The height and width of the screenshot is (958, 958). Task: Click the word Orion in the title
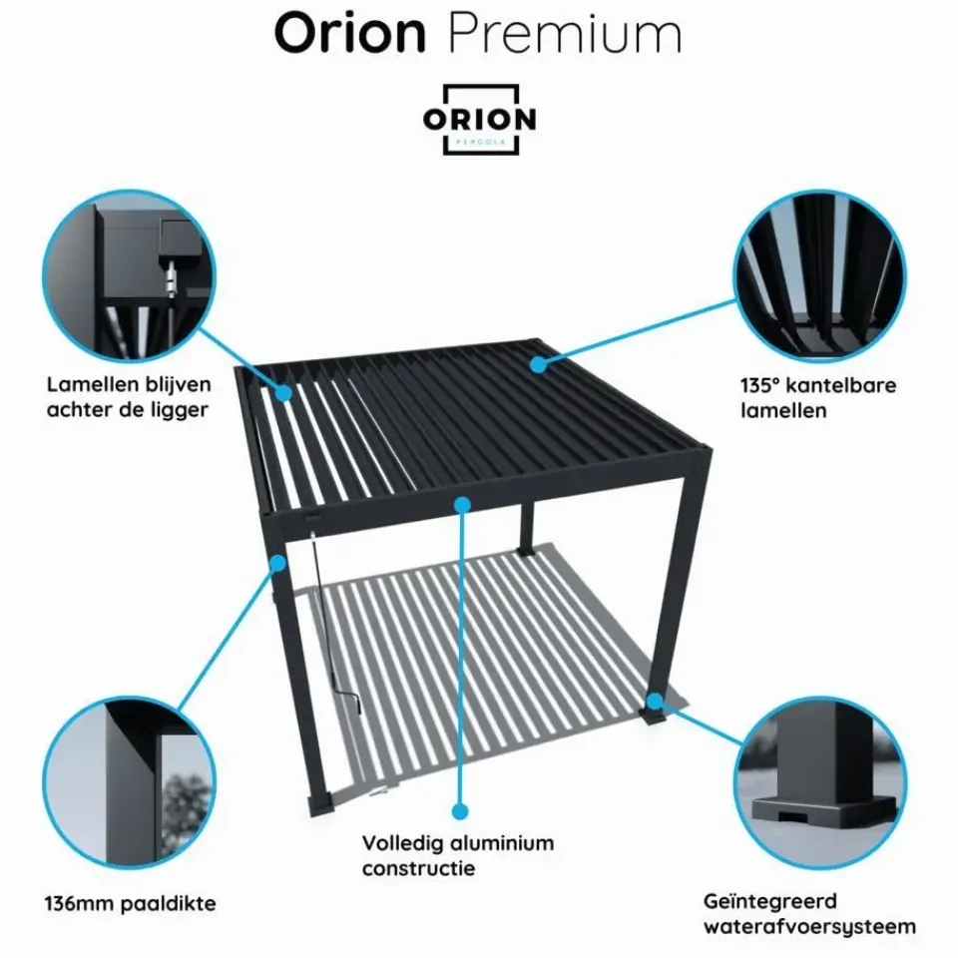click(x=349, y=34)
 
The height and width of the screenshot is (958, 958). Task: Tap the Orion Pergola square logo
click(x=479, y=120)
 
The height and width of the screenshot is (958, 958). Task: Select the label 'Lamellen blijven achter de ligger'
click(x=128, y=396)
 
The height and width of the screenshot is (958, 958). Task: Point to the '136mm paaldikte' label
click(x=130, y=905)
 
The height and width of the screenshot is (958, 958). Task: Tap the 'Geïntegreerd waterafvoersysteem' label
click(x=808, y=915)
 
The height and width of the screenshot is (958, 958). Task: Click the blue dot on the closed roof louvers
click(x=539, y=363)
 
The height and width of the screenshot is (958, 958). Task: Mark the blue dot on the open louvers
click(x=284, y=393)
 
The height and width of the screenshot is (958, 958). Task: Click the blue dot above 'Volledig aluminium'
click(x=460, y=811)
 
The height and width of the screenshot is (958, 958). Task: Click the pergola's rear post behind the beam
click(x=527, y=530)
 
